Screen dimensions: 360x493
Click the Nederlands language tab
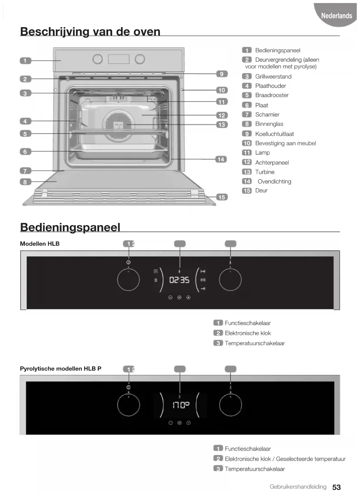(x=336, y=16)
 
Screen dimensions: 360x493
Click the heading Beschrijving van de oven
(x=90, y=32)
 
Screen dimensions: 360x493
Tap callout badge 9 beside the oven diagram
(x=222, y=74)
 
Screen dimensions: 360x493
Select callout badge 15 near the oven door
(x=222, y=197)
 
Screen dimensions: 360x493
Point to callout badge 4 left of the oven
(x=25, y=121)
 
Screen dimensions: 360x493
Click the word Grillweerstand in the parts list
(x=273, y=77)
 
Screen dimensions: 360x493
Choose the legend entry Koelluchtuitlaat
(x=274, y=134)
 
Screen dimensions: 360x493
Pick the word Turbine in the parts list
(x=265, y=172)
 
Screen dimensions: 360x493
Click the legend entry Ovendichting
(x=274, y=181)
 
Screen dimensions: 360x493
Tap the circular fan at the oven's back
(x=119, y=125)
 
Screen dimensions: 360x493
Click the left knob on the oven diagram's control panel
(x=98, y=59)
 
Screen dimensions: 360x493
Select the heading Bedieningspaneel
(x=70, y=227)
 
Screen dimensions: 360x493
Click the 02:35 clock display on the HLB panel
(x=179, y=280)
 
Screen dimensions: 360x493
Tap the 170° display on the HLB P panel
(x=181, y=405)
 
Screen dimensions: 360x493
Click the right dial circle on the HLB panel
(x=230, y=280)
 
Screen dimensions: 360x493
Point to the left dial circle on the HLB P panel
(x=129, y=405)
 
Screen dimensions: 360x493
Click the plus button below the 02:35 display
(x=189, y=298)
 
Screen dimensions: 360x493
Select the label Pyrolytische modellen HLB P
(x=61, y=369)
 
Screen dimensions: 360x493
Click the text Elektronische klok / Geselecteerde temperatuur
(x=285, y=459)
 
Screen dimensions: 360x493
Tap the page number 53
(x=336, y=487)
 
